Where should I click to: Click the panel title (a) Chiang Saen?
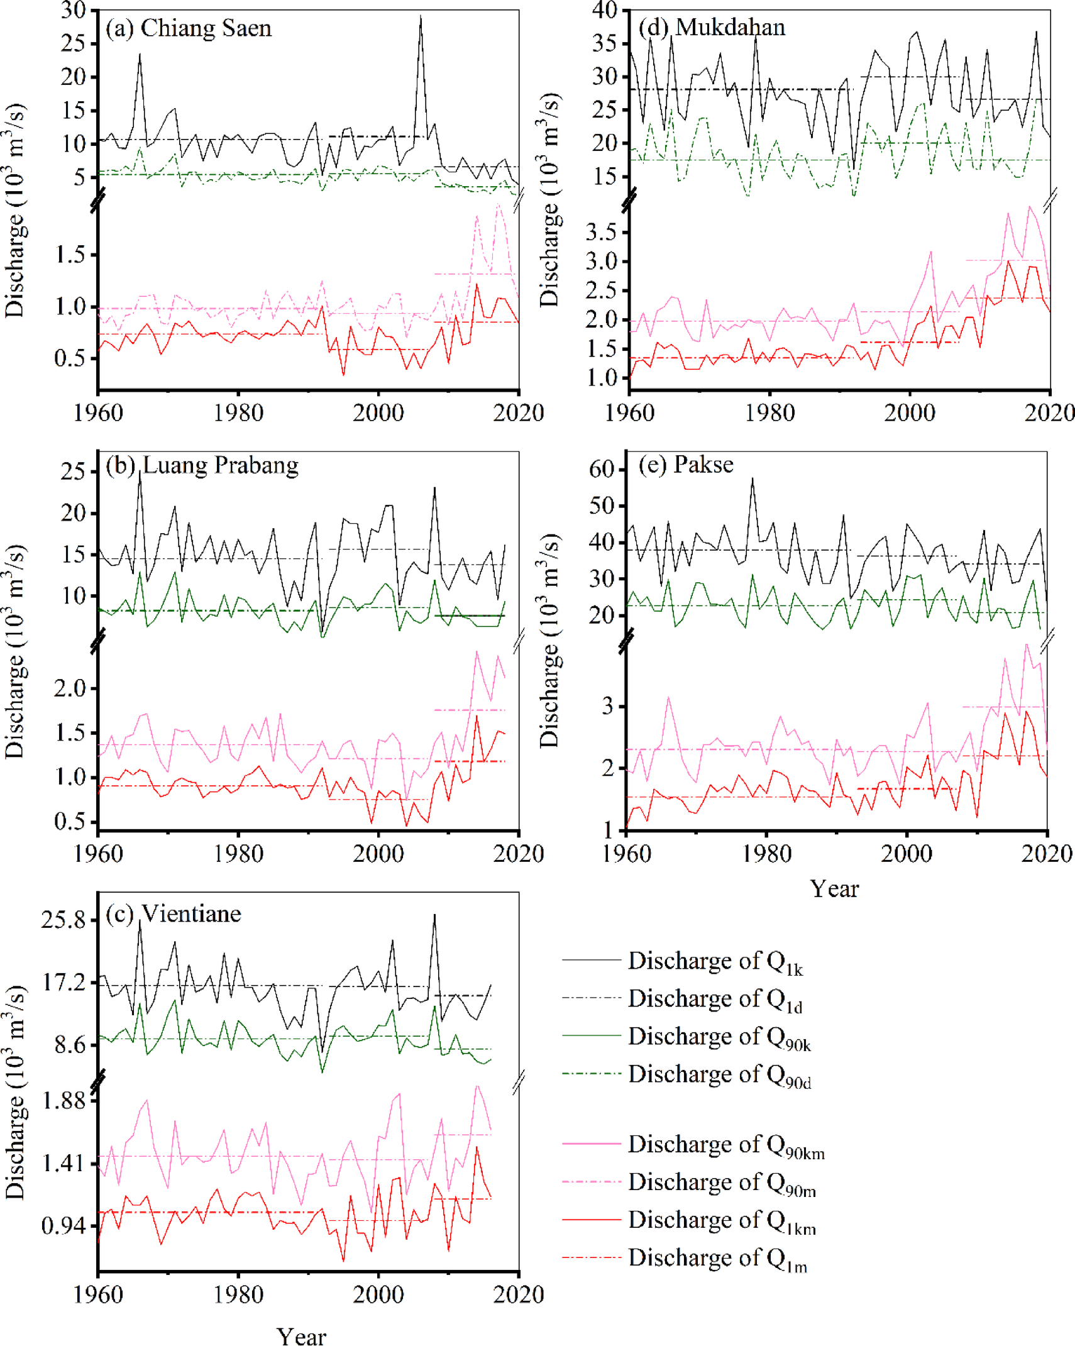click(188, 28)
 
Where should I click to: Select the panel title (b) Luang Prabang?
click(202, 465)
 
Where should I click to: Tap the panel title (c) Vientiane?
click(173, 913)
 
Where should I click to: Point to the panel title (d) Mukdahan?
click(712, 27)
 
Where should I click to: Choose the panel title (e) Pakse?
click(686, 464)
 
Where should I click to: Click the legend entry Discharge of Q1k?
click(715, 961)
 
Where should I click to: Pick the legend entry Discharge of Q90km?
click(725, 1144)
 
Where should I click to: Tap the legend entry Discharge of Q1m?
click(717, 1257)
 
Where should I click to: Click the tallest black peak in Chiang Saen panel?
click(421, 16)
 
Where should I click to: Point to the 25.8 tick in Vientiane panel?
click(63, 920)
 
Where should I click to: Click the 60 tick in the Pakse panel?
click(601, 469)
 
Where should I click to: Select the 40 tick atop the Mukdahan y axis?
click(605, 10)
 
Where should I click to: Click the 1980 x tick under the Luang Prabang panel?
click(238, 853)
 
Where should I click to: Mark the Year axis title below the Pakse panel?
click(834, 889)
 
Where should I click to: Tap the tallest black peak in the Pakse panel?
click(752, 479)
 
